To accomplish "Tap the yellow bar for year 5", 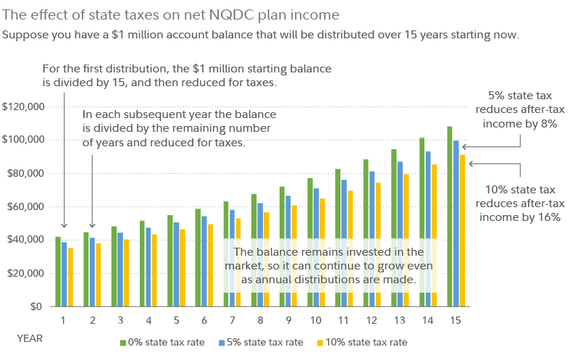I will [183, 267].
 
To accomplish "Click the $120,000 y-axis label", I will [24, 106].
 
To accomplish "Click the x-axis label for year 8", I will [259, 319].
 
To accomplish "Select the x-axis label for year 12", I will [372, 319].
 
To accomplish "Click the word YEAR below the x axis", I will [30, 338].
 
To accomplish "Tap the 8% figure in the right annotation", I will [547, 124].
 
